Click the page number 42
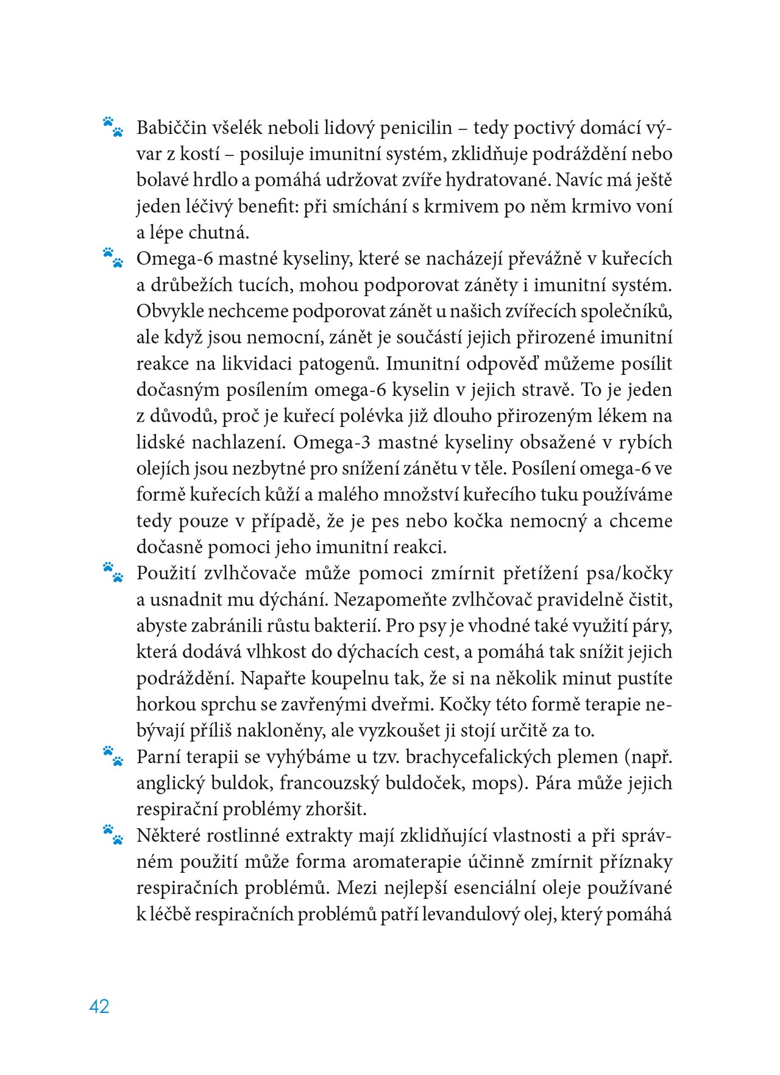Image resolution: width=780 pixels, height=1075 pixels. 99,1006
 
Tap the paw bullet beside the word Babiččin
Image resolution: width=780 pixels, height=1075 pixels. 113,127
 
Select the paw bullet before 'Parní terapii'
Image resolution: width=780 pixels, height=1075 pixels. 113,756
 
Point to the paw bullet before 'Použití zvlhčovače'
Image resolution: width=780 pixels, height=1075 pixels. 113,573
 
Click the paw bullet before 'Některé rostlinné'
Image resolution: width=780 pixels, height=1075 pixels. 113,834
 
